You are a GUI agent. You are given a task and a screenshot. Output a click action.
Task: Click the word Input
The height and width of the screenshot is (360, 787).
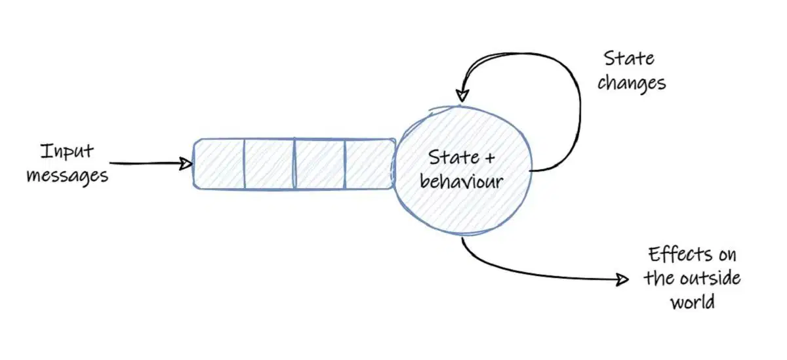click(66, 151)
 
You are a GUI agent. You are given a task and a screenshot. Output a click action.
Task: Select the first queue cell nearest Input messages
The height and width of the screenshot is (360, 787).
click(219, 164)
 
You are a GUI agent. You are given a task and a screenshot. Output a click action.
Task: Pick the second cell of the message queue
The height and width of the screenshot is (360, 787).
click(269, 164)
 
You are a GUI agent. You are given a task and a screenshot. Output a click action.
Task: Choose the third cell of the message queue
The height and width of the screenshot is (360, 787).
click(319, 164)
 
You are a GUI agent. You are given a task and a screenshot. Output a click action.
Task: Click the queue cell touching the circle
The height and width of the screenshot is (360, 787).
click(369, 164)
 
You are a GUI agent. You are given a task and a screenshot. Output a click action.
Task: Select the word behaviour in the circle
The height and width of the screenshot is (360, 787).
click(462, 180)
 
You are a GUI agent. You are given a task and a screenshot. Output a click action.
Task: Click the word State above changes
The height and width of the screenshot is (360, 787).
click(629, 58)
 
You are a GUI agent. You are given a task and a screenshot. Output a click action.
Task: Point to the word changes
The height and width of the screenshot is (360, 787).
click(632, 83)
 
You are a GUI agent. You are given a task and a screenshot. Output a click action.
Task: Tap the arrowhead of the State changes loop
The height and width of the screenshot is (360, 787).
click(462, 94)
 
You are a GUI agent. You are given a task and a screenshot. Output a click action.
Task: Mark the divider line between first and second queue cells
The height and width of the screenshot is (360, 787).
click(244, 164)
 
